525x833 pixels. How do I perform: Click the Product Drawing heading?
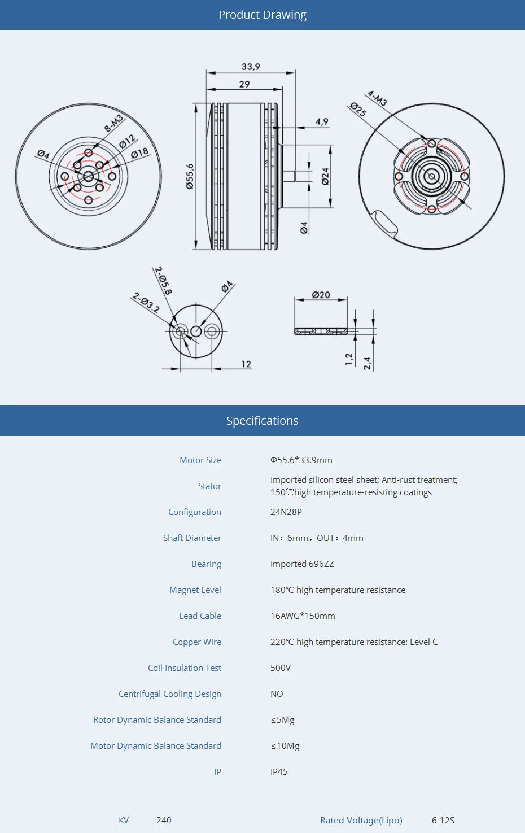coord(262,15)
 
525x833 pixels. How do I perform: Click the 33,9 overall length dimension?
coord(251,67)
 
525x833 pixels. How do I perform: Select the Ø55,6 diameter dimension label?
coord(190,176)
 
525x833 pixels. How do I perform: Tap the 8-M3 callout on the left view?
coord(113,124)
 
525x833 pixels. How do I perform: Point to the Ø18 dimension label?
coord(139,152)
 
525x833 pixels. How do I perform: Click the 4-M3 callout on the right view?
coord(377,98)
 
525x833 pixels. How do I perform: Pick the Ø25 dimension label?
coord(358,110)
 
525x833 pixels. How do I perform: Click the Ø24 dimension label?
coord(325,176)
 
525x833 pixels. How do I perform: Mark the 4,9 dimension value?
coord(322,121)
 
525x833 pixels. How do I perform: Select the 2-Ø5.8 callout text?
coord(163,281)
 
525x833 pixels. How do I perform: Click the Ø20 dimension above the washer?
coord(321,295)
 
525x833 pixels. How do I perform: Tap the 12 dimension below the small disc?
coord(246,364)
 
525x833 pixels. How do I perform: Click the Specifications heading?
coord(262,421)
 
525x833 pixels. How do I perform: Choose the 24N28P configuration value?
coord(286,512)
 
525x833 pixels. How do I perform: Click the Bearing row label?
coord(206,564)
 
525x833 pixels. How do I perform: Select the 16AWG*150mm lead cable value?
coord(303,616)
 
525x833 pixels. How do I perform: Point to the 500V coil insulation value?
coord(281,668)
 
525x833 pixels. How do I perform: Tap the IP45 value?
coord(279,772)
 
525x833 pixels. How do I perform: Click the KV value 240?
coord(164,821)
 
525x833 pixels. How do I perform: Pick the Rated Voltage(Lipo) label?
coord(361,821)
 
